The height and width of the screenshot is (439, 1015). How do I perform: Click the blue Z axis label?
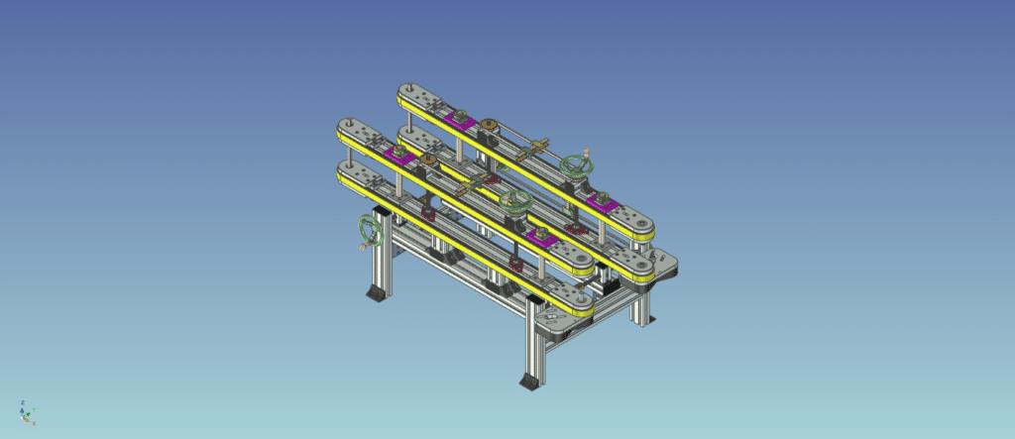tap(21, 403)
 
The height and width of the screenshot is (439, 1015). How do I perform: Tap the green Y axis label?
tap(33, 409)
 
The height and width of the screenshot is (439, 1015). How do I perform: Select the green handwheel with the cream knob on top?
tap(576, 165)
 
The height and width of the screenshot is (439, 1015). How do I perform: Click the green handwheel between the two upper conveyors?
tap(514, 202)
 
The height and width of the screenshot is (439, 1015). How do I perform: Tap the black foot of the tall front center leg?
tap(530, 380)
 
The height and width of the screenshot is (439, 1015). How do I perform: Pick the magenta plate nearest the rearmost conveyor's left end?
tap(459, 119)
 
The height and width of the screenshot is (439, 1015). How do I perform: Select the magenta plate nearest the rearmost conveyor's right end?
tap(602, 201)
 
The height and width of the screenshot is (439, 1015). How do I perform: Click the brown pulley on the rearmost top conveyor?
tap(488, 127)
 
